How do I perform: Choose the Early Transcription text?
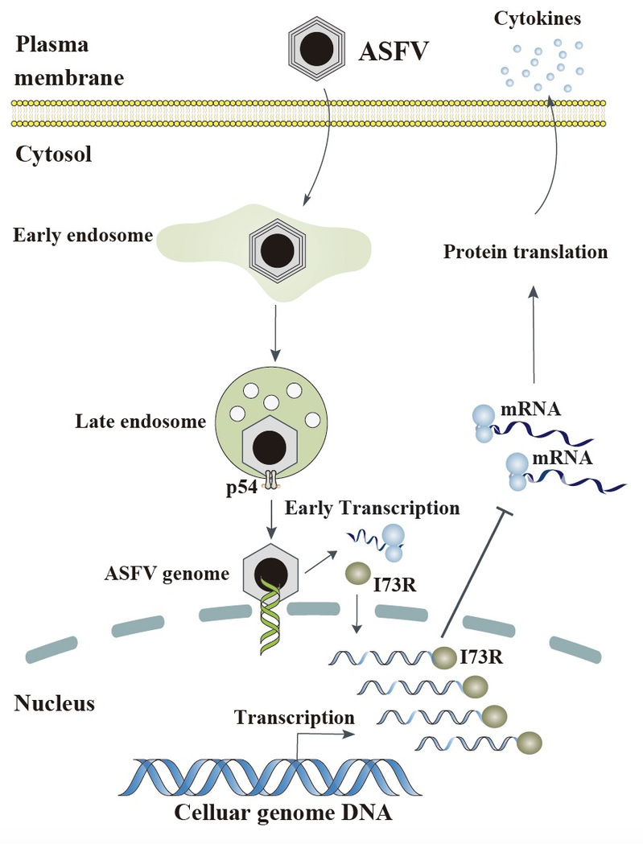point(372,509)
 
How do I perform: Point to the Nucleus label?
point(55,704)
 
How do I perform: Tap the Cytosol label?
point(53,154)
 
